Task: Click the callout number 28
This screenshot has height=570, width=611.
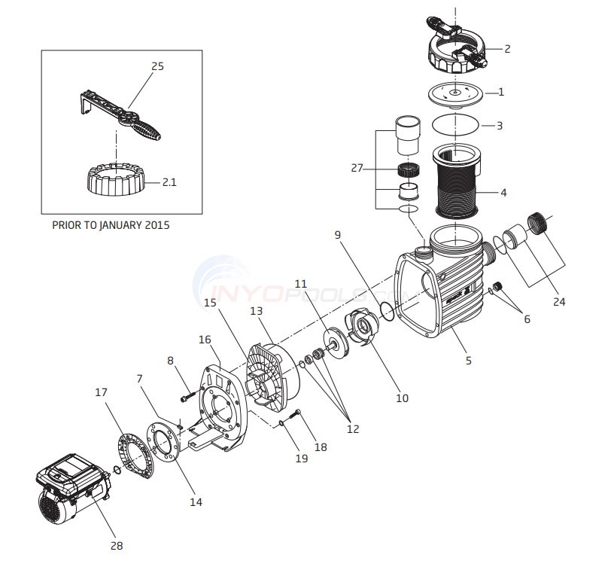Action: tap(117, 545)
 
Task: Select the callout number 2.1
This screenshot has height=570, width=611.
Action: tap(169, 182)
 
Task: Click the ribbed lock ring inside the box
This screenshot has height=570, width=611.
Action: tap(116, 179)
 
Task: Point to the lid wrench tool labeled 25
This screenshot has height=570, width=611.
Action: tap(120, 116)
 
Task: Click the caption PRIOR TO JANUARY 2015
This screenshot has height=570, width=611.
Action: tap(111, 225)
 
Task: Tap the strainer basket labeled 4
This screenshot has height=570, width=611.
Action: tap(456, 181)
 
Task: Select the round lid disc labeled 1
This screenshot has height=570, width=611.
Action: tap(455, 95)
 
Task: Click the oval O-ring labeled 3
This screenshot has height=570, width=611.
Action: tap(455, 124)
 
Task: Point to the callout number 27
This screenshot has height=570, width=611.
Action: tap(357, 168)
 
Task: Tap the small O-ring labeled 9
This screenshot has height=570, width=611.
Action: tap(387, 312)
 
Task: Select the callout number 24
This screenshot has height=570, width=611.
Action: tap(559, 301)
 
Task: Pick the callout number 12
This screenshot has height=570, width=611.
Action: tap(353, 428)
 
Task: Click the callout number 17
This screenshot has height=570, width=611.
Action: tap(101, 392)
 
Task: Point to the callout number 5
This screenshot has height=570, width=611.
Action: tap(468, 360)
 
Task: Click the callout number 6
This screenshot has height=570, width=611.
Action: tap(527, 319)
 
